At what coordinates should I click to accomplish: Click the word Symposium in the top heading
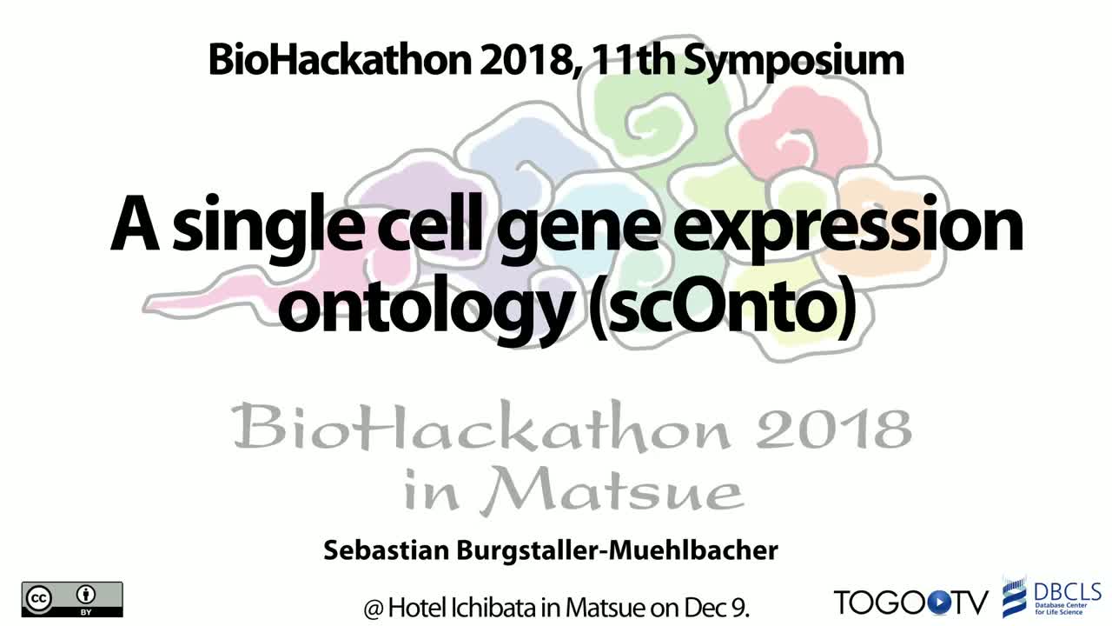click(x=794, y=62)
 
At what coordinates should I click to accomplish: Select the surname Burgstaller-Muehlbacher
click(x=617, y=551)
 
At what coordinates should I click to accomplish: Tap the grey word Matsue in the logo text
click(x=612, y=489)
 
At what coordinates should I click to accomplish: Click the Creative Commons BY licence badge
click(x=72, y=599)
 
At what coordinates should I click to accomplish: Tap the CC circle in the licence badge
click(x=40, y=597)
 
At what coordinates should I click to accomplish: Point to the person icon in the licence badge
click(x=86, y=594)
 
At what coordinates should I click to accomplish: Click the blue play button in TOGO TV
click(x=937, y=603)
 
